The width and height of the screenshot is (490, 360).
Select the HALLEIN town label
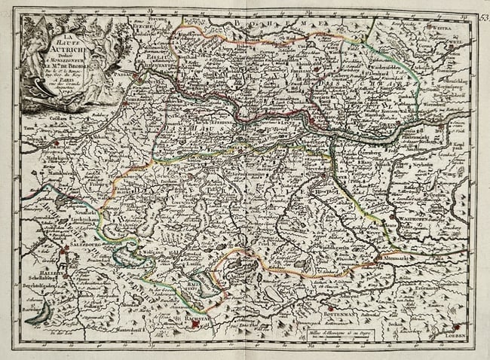[x=41, y=276]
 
